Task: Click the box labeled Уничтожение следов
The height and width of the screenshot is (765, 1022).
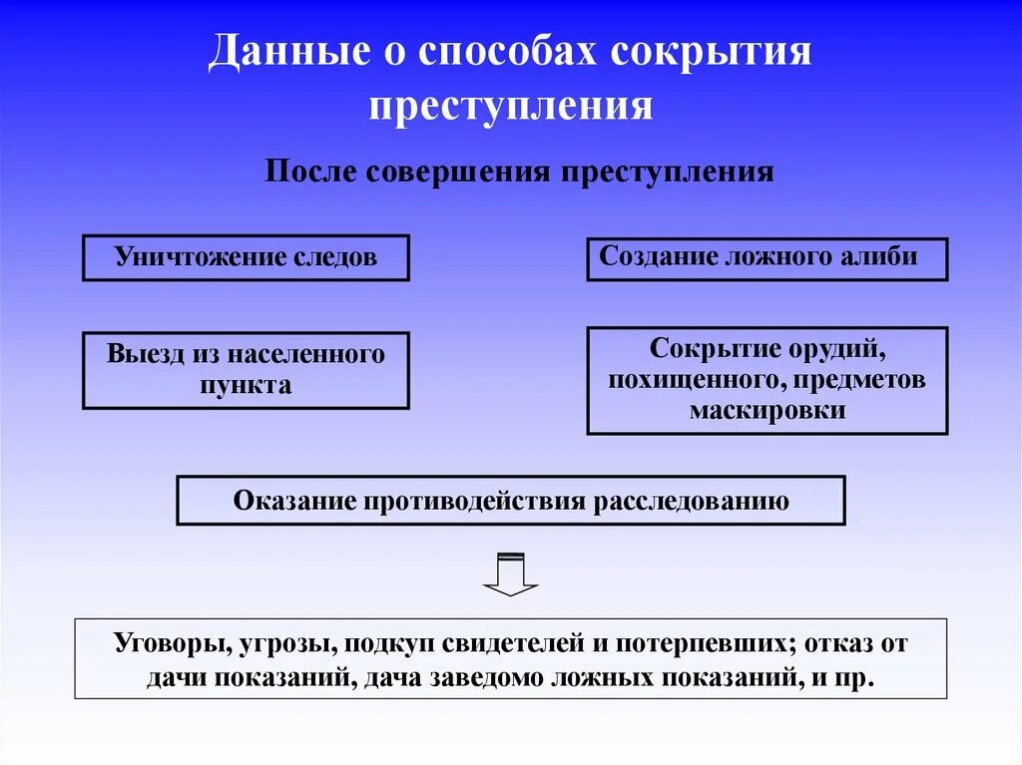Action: coord(246,257)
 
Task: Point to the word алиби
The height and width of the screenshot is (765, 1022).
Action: coord(880,255)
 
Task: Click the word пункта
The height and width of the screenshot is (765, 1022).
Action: coord(246,385)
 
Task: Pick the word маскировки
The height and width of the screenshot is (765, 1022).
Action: coord(766,410)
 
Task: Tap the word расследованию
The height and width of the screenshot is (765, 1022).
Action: coord(692,500)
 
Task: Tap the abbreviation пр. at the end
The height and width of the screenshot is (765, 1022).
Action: coord(856,678)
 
